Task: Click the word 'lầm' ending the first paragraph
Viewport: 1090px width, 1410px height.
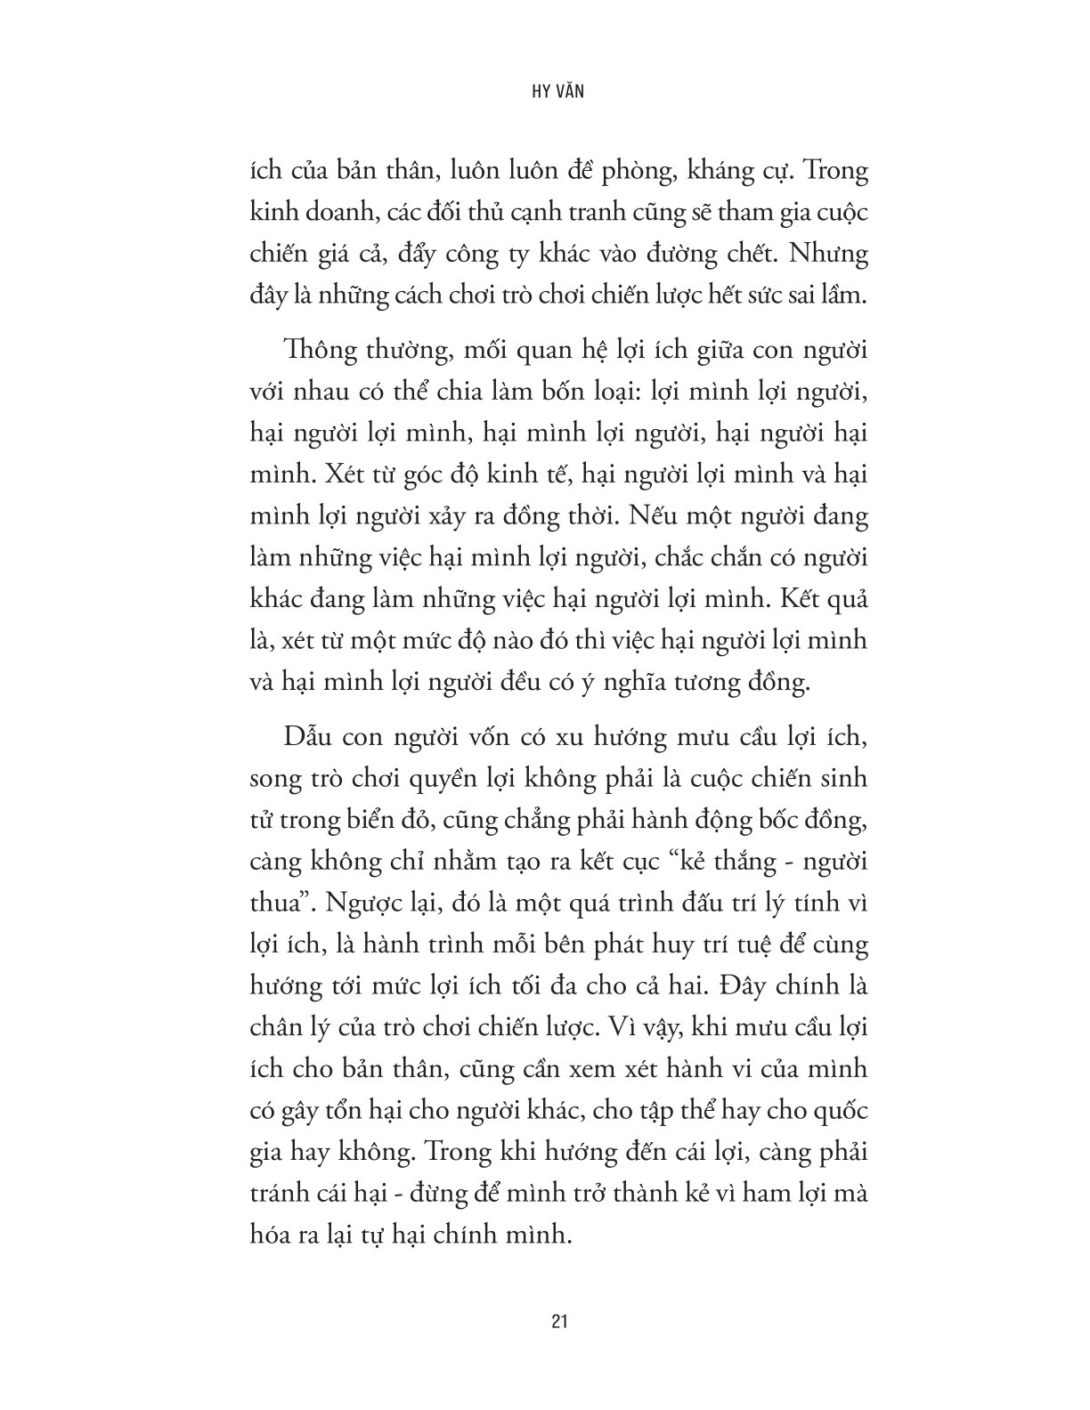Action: pos(845,295)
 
